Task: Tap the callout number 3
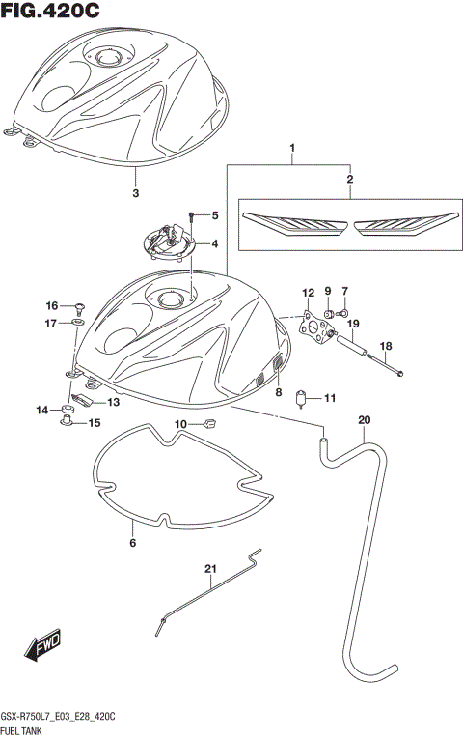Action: (x=135, y=192)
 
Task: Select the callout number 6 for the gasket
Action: (x=133, y=543)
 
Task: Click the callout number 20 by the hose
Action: (x=363, y=419)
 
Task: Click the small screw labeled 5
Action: (x=194, y=215)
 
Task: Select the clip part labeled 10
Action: (x=209, y=423)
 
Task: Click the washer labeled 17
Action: (x=78, y=323)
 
